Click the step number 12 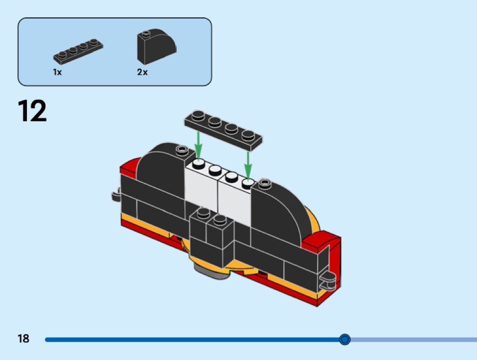coord(32,111)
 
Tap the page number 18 coord(24,338)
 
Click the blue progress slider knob coord(345,339)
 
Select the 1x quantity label coord(57,72)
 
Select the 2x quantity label coord(142,72)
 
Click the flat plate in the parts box coord(78,51)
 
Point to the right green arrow coord(248,165)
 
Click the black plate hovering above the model coord(224,130)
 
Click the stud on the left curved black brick coord(182,149)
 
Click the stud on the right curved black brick coord(265,183)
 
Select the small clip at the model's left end coord(116,195)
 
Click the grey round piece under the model coord(213,271)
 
